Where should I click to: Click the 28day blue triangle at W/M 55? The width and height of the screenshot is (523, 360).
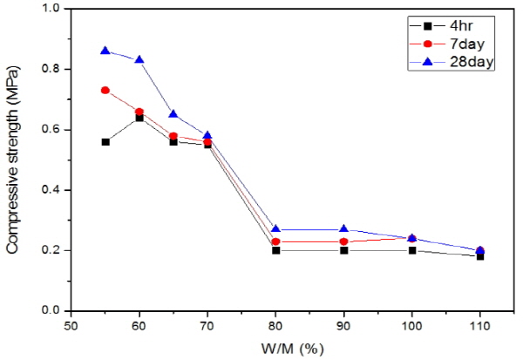(x=105, y=51)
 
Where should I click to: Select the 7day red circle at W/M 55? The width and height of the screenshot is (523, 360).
(x=105, y=90)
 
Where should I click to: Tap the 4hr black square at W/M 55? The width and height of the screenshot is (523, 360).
(x=105, y=141)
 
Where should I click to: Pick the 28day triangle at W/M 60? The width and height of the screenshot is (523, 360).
(x=139, y=59)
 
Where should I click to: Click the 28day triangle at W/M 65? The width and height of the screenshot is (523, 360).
(x=173, y=114)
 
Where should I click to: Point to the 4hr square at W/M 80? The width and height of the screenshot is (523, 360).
(x=275, y=250)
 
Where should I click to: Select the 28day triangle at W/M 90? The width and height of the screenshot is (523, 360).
(x=343, y=229)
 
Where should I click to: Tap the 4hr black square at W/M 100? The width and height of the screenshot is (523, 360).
(x=411, y=250)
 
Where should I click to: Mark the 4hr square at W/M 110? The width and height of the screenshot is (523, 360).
(x=479, y=256)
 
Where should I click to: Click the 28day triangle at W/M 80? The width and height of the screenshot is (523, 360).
(x=275, y=229)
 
